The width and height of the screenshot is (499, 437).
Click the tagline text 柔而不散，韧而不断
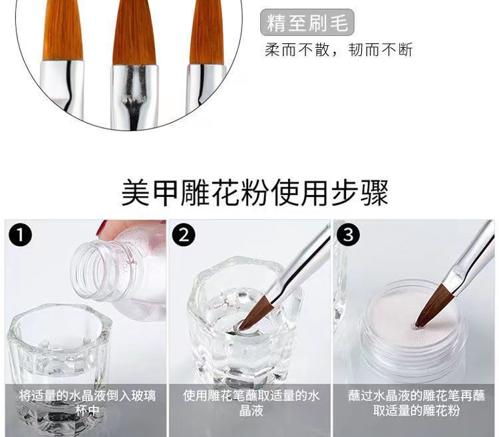coord(339,51)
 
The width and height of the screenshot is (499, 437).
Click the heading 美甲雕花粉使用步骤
coord(255,192)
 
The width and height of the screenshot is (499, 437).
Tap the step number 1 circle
coord(24,235)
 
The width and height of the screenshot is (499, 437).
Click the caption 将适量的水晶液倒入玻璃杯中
coord(87,403)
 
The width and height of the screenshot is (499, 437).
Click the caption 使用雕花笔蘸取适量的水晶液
coord(251,403)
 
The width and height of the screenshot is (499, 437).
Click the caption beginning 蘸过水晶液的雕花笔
coord(416,403)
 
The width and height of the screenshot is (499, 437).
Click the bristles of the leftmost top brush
coord(63,30)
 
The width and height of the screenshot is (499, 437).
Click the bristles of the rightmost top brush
coord(206,30)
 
